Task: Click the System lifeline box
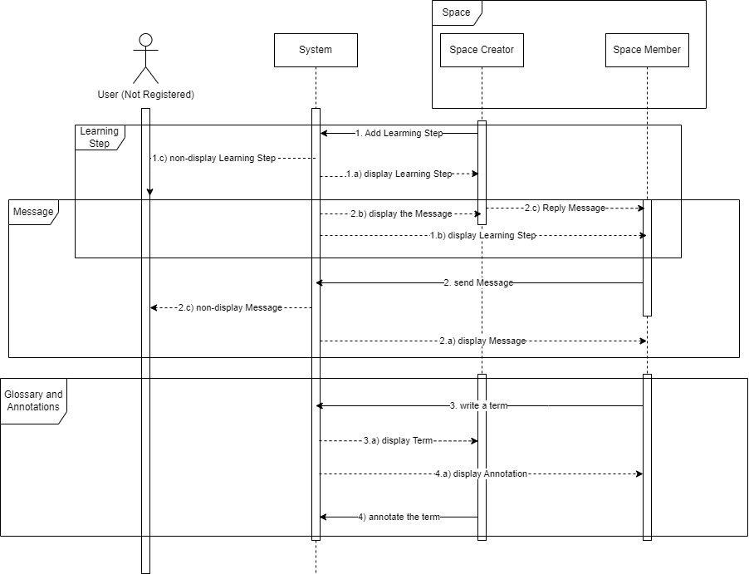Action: click(x=316, y=50)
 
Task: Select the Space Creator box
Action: click(x=482, y=50)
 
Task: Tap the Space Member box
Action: click(x=647, y=50)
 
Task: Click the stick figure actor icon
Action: click(x=146, y=58)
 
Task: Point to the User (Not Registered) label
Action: click(x=146, y=95)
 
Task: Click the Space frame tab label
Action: click(x=456, y=12)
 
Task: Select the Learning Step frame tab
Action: click(x=99, y=137)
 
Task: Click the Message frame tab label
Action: click(x=33, y=213)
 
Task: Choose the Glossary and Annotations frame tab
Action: click(x=33, y=400)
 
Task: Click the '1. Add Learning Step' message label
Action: click(x=399, y=133)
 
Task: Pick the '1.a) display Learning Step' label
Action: click(x=399, y=174)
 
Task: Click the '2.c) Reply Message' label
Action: click(x=565, y=208)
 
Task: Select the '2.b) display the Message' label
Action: click(x=400, y=214)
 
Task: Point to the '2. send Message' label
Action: click(x=478, y=283)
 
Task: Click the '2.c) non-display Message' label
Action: click(x=230, y=308)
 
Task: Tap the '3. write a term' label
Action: click(x=478, y=405)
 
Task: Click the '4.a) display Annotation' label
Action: click(x=481, y=473)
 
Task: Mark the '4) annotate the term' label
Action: click(x=399, y=517)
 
